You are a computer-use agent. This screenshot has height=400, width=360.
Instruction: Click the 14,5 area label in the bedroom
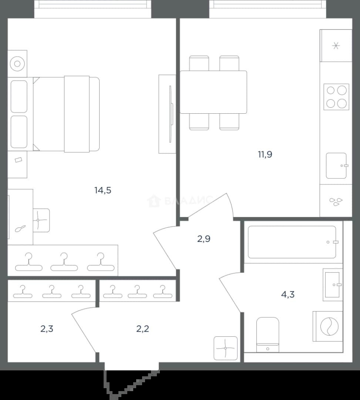point(103,190)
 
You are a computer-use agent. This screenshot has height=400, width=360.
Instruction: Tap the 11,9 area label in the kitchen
point(265,154)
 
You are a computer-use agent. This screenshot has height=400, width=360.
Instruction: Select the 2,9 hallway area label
point(204,239)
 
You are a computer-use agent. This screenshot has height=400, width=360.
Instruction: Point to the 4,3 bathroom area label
point(288,294)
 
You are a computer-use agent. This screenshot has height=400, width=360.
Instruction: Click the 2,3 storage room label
point(47,329)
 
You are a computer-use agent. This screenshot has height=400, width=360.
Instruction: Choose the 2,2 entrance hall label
point(143,329)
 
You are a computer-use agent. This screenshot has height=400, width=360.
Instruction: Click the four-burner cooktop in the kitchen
point(336,97)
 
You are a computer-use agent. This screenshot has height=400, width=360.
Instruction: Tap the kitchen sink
point(336,166)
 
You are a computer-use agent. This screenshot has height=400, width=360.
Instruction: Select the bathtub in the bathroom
point(292,242)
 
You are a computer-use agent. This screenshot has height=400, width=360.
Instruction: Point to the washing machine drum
point(329,326)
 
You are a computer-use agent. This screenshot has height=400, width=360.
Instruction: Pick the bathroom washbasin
point(333,285)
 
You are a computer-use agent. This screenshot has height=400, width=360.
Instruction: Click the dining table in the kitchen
point(213,92)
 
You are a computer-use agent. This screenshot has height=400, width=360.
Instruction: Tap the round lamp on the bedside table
point(17,64)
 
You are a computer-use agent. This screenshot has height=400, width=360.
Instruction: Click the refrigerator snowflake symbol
point(336,46)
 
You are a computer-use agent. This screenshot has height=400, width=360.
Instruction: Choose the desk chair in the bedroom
point(41,220)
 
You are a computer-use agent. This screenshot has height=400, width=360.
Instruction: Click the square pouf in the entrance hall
point(225,348)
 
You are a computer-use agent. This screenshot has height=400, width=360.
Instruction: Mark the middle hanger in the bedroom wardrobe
point(64,262)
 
